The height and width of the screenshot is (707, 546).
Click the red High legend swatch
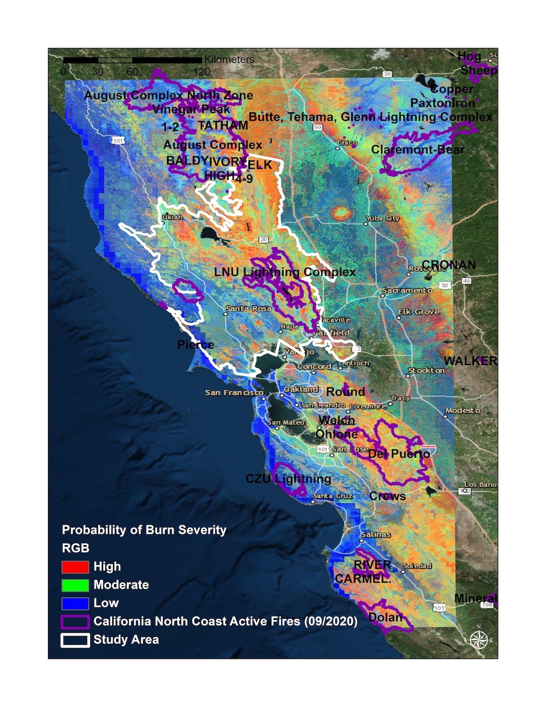pyautogui.click(x=75, y=567)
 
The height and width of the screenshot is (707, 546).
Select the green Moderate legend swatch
pyautogui.click(x=75, y=585)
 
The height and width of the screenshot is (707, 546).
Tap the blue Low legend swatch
pyautogui.click(x=75, y=603)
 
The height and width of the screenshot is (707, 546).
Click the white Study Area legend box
pyautogui.click(x=75, y=640)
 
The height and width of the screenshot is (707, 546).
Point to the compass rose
pyautogui.click(x=478, y=640)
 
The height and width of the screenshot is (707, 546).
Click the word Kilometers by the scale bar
pyautogui.click(x=229, y=60)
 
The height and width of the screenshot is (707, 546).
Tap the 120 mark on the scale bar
pyautogui.click(x=201, y=72)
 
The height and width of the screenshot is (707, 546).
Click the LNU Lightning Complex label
pyautogui.click(x=285, y=272)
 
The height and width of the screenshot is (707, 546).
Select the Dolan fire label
pyautogui.click(x=385, y=617)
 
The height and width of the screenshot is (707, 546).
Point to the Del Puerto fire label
pyautogui.click(x=399, y=454)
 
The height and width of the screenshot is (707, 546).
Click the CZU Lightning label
pyautogui.click(x=288, y=479)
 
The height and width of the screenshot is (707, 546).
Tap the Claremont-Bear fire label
pyautogui.click(x=418, y=150)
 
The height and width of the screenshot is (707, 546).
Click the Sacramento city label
pyautogui.click(x=407, y=291)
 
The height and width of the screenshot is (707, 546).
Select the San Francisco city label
pyautogui.click(x=234, y=392)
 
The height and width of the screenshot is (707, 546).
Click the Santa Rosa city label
pyautogui.click(x=248, y=309)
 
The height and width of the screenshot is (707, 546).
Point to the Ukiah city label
pyautogui.click(x=173, y=217)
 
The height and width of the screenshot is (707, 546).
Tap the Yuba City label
pyautogui.click(x=383, y=219)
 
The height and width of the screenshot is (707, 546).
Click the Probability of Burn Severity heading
pyautogui.click(x=144, y=530)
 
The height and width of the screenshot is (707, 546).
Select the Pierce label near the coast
pyautogui.click(x=196, y=345)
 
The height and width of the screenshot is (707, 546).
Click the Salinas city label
pyautogui.click(x=376, y=534)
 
